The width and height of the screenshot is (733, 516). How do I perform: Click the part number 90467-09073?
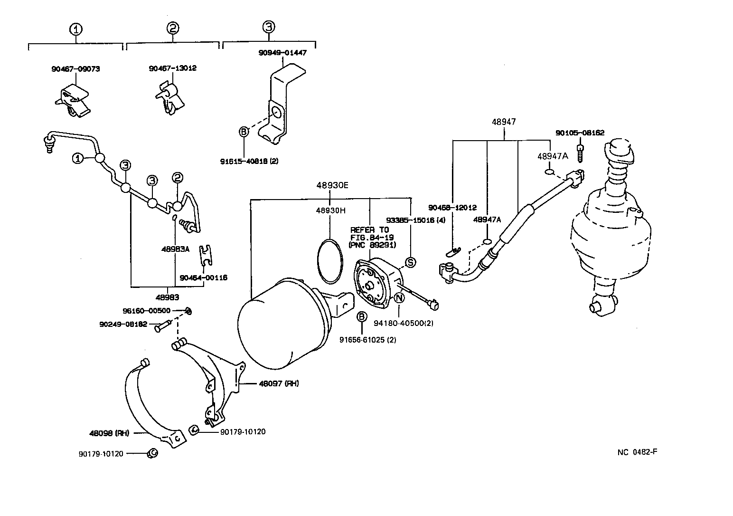(x=75, y=69)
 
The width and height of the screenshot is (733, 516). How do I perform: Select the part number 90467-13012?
(x=172, y=68)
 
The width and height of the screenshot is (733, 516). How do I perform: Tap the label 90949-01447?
(x=282, y=53)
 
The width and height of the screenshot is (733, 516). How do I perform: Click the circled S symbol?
(x=410, y=262)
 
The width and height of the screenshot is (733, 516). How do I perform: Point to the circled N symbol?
(x=399, y=298)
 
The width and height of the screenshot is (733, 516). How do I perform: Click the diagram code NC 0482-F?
(x=637, y=452)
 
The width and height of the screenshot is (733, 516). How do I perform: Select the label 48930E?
(x=332, y=185)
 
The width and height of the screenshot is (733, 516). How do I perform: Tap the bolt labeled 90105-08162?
(x=580, y=152)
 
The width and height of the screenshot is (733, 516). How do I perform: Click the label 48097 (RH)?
(x=279, y=383)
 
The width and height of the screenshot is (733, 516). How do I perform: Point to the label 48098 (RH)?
(x=109, y=433)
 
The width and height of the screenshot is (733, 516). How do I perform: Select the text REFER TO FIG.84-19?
(x=369, y=233)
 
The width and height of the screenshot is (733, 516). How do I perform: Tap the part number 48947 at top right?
(x=503, y=122)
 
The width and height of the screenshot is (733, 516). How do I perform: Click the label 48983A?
(x=175, y=248)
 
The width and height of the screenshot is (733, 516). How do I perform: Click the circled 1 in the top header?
(x=76, y=29)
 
